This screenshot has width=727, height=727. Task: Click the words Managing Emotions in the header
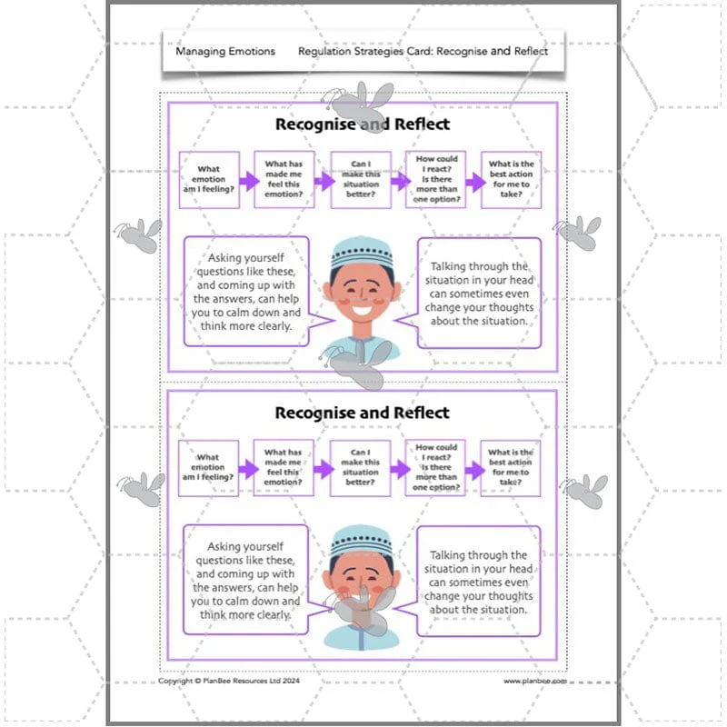pyautogui.click(x=225, y=52)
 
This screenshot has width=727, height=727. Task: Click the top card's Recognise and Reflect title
pyautogui.click(x=363, y=124)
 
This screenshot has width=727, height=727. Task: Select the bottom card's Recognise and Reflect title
pyautogui.click(x=362, y=413)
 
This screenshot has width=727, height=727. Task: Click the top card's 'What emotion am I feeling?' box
pyautogui.click(x=209, y=179)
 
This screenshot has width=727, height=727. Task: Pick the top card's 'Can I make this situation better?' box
pyautogui.click(x=361, y=179)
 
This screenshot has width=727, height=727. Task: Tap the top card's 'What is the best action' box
pyautogui.click(x=511, y=179)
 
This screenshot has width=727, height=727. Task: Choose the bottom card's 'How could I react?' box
pyautogui.click(x=435, y=468)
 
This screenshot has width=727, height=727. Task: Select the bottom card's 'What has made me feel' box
pyautogui.click(x=284, y=468)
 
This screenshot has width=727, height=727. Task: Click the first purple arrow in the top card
pyautogui.click(x=249, y=181)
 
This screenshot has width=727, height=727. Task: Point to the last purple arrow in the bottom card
pyautogui.click(x=475, y=471)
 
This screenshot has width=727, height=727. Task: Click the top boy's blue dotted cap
pyautogui.click(x=362, y=252)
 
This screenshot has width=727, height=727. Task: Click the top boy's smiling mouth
pyautogui.click(x=362, y=309)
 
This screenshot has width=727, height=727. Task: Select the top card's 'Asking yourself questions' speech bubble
pyautogui.click(x=246, y=291)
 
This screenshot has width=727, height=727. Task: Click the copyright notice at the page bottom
pyautogui.click(x=229, y=681)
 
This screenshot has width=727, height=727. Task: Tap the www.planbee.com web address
pyautogui.click(x=535, y=681)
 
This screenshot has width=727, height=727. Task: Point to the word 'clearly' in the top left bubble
pyautogui.click(x=275, y=326)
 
